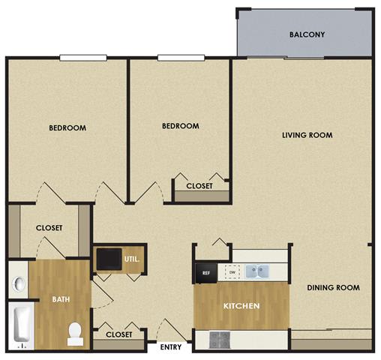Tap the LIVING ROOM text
point(307,135)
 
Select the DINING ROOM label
point(334,287)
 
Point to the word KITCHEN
point(241,307)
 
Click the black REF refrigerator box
point(205,273)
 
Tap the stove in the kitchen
point(222,339)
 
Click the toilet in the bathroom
point(75,333)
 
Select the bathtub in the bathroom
point(21,328)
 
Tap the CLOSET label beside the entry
point(119,334)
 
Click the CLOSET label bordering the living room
point(199,185)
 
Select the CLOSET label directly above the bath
point(49,228)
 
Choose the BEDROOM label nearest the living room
point(181,126)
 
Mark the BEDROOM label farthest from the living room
point(67,127)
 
